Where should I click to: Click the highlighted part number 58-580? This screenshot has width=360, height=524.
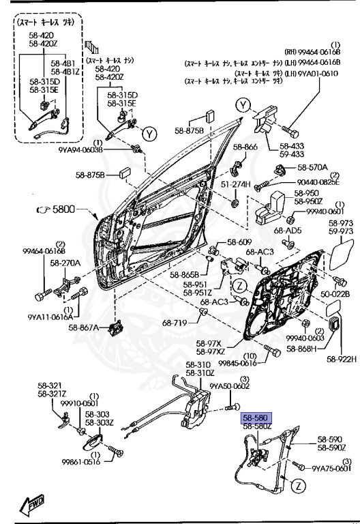257,417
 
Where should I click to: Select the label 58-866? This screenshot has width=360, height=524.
245,147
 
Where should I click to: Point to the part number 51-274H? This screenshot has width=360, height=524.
235,184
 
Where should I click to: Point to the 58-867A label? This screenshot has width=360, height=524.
83,327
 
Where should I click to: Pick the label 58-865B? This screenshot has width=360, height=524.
183,275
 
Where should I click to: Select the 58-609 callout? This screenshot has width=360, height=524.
240,242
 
